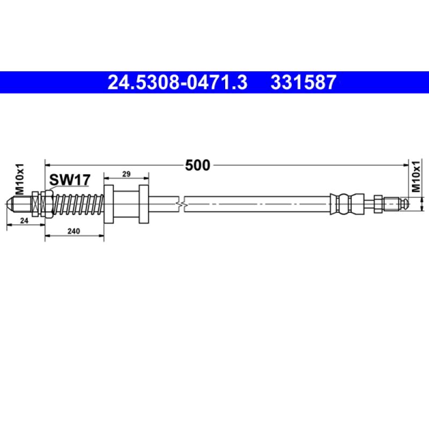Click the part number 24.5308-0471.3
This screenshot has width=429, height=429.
click(x=177, y=83)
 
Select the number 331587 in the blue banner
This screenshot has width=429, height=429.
click(x=304, y=83)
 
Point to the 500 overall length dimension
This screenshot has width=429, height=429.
click(x=197, y=165)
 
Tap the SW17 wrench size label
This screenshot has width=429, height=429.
click(x=69, y=179)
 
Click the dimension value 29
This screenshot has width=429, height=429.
click(x=126, y=174)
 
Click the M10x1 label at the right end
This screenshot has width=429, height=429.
click(x=417, y=179)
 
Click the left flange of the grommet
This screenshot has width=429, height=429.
click(x=108, y=204)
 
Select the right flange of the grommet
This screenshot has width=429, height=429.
click(x=144, y=204)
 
